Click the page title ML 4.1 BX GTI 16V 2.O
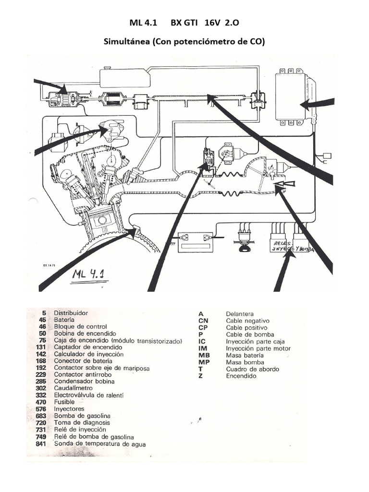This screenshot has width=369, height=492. (184, 23)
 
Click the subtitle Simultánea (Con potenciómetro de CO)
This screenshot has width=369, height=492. (184, 42)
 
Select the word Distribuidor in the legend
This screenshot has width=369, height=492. (71, 312)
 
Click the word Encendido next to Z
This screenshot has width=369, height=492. (241, 376)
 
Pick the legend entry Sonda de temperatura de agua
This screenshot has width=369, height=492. (99, 444)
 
